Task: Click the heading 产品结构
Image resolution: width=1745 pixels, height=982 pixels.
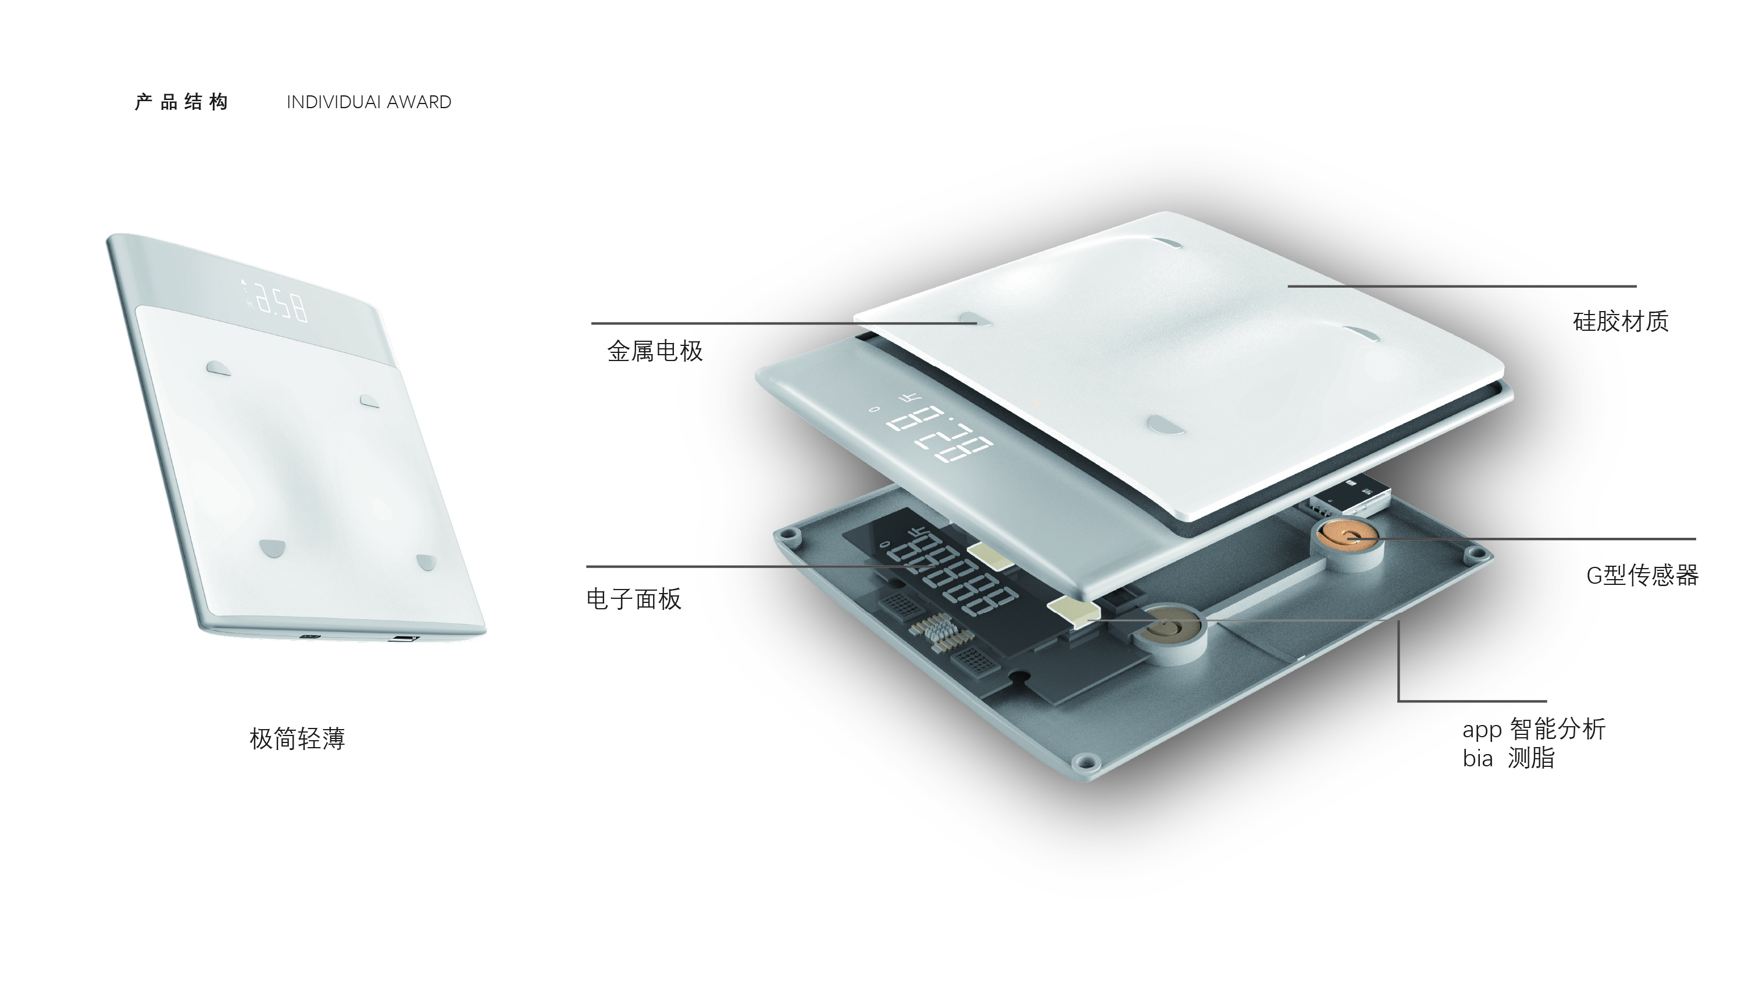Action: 181,102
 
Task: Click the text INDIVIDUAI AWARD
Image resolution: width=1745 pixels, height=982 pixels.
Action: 369,102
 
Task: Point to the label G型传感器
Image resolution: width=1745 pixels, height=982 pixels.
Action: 1642,575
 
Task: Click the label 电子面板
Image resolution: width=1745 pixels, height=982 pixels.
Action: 633,599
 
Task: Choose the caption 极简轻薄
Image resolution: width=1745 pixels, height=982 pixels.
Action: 297,738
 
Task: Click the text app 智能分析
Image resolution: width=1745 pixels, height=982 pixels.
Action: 1534,730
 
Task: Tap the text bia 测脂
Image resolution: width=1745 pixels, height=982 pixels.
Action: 1508,758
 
